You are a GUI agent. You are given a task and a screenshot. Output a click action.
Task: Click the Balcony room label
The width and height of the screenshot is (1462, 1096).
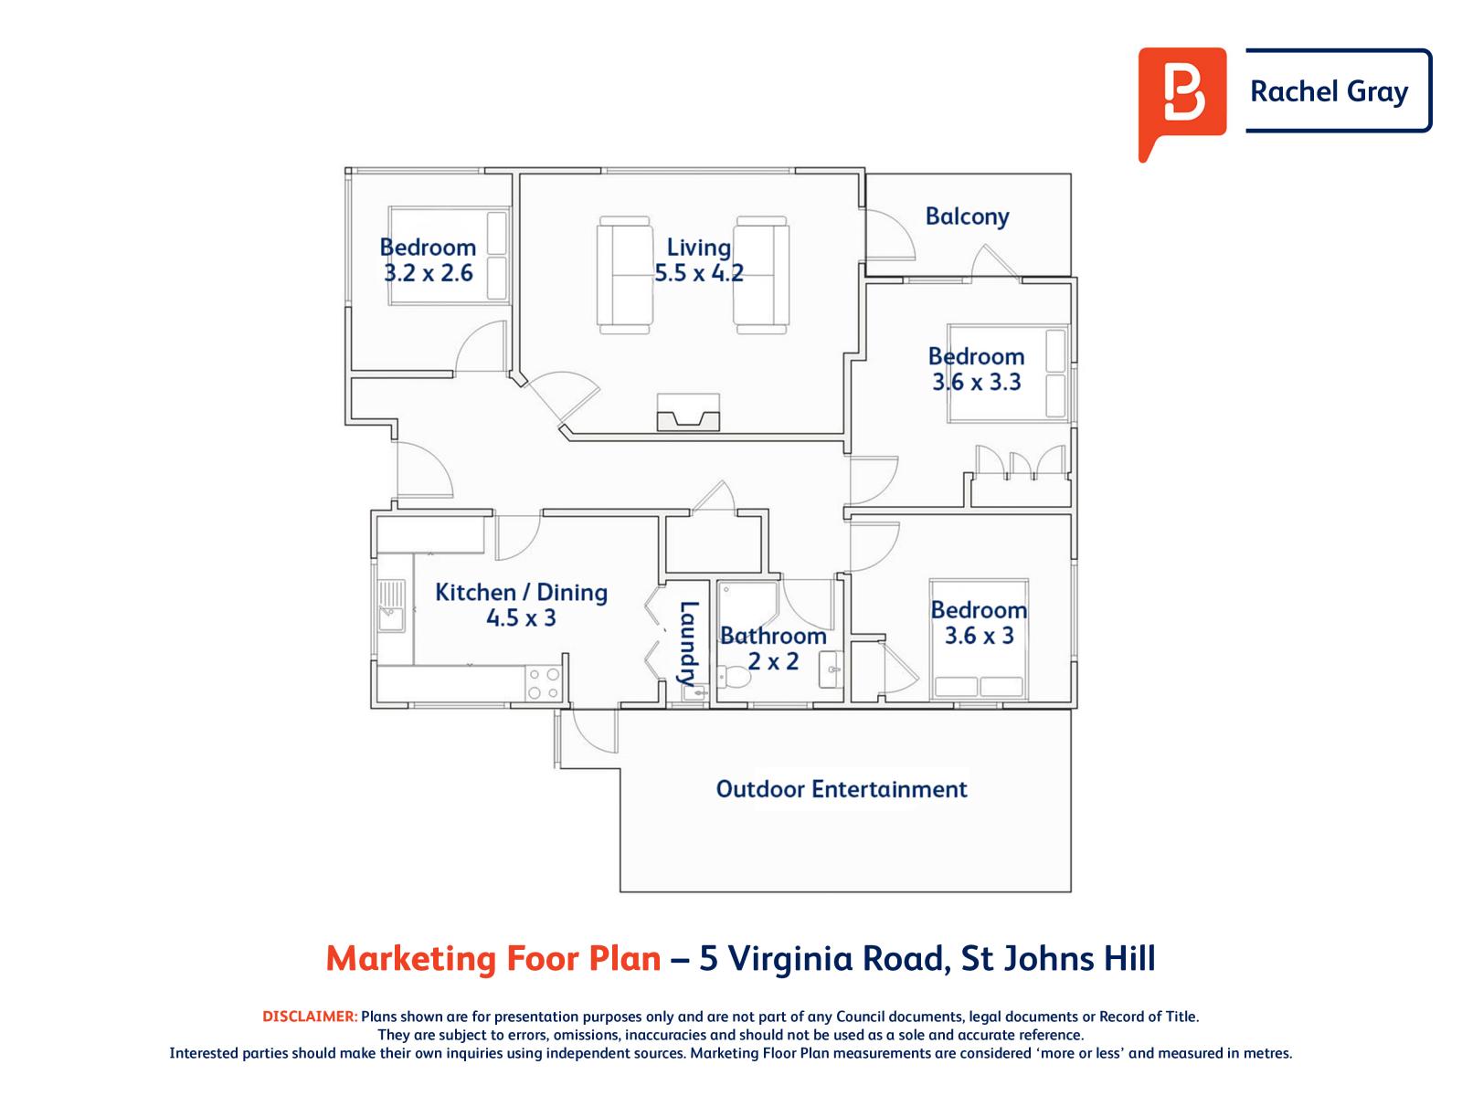967,217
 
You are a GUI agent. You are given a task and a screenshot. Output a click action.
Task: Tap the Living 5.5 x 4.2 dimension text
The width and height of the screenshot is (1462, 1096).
698,273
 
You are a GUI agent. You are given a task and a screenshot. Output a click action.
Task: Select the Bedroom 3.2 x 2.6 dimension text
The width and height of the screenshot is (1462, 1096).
428,273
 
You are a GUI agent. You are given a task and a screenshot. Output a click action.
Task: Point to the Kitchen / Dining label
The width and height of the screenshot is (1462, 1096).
521,592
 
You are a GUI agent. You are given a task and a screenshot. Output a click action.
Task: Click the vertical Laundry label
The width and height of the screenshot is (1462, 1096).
688,643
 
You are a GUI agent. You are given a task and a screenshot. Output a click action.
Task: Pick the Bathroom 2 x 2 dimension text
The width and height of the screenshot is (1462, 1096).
773,661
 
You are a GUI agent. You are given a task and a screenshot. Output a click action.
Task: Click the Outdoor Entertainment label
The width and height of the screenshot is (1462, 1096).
841,789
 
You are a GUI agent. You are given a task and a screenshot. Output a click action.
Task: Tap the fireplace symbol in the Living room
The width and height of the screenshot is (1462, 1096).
688,413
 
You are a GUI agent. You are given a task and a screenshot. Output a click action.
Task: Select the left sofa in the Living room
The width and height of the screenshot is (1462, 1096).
625,271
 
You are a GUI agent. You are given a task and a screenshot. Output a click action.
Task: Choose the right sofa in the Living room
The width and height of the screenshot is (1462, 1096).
761,271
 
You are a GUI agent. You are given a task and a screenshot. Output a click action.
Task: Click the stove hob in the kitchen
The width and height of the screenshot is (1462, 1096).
543,684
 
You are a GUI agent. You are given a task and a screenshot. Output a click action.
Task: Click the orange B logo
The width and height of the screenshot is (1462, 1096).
1181,97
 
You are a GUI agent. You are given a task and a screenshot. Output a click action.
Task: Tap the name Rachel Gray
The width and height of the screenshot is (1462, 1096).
1329,91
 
